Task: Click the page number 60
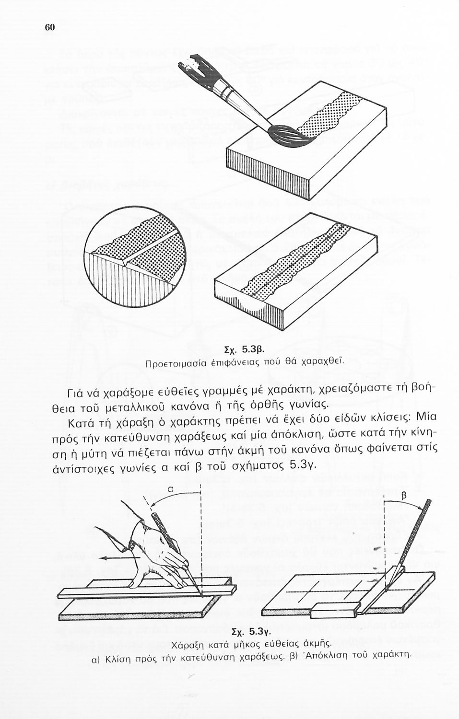click(50, 27)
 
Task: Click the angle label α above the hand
click(171, 490)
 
